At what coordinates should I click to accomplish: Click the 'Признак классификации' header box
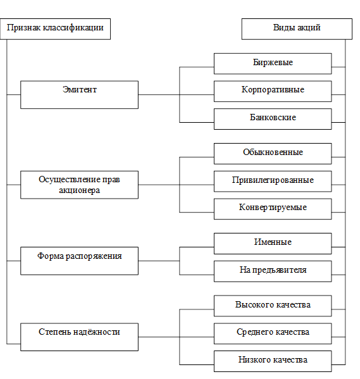coord(55,29)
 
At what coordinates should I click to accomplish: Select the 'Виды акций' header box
coord(297,29)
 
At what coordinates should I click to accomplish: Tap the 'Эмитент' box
coord(79,95)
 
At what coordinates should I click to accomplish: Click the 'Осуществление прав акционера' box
coord(79,185)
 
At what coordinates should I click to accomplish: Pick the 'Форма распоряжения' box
coord(79,261)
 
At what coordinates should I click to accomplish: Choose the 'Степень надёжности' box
coord(79,337)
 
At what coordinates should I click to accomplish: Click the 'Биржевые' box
coord(273,63)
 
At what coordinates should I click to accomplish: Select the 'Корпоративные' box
coord(273,91)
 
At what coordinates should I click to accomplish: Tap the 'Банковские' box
coord(273,119)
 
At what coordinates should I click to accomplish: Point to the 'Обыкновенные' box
coord(273,154)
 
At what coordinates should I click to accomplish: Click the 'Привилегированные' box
coord(273,182)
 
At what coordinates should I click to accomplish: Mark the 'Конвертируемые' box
coord(273,209)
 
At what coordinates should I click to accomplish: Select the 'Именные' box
coord(273,244)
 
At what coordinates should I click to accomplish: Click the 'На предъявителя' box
coord(273,271)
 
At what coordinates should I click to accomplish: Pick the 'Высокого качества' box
coord(273,306)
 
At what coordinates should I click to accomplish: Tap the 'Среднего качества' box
coord(273,333)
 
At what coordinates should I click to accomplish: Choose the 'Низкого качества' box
coord(273,361)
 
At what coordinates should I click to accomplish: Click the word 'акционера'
coord(79,190)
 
